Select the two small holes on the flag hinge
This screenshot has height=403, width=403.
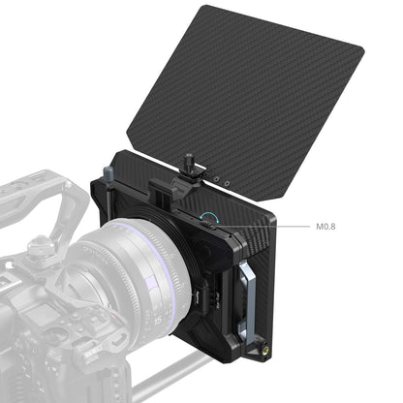pos(222,180)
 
